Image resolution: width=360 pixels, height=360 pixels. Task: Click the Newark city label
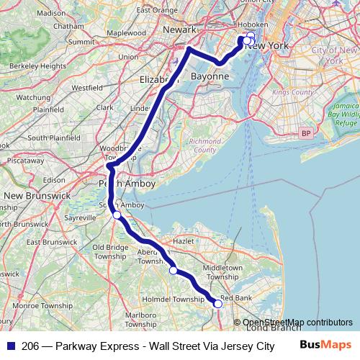[179, 31]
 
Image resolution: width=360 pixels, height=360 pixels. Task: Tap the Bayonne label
[210, 76]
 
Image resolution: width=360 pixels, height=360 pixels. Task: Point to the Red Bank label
[236, 297]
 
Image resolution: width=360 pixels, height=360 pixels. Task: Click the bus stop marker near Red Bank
[217, 305]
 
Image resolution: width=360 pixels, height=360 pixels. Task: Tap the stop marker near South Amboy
[116, 215]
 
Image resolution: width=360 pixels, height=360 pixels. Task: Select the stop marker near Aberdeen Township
[173, 271]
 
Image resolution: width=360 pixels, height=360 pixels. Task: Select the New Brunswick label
[36, 196]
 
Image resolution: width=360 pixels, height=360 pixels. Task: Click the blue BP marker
[307, 133]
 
